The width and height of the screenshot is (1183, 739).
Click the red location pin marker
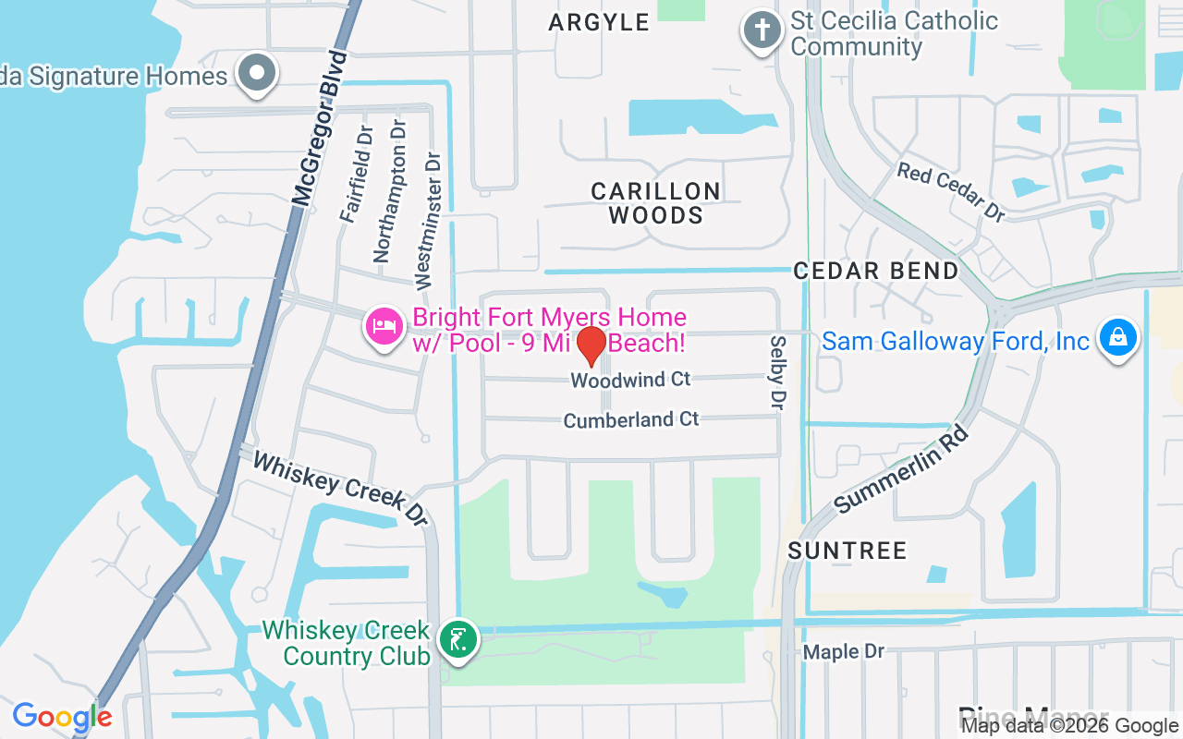[x=591, y=345]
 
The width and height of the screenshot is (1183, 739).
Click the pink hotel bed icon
[x=384, y=326]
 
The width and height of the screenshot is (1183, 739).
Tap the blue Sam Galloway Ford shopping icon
[x=1117, y=338]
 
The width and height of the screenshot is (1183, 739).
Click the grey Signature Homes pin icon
[x=257, y=73]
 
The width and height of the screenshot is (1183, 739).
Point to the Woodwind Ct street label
[x=630, y=380]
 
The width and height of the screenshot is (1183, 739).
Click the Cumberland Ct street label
[x=631, y=420]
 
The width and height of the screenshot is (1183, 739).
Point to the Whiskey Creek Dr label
[x=341, y=489]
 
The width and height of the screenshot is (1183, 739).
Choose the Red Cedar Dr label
[x=951, y=191]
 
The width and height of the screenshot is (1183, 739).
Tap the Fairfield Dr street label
[x=355, y=175]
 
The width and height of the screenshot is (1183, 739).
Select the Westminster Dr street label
[x=428, y=220]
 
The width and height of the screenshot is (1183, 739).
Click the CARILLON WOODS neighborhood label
[x=656, y=203]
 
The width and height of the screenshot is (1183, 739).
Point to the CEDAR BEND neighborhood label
[x=876, y=271]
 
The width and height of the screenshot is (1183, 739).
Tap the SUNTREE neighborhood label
[x=848, y=551]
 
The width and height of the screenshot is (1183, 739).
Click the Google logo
[x=62, y=717]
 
